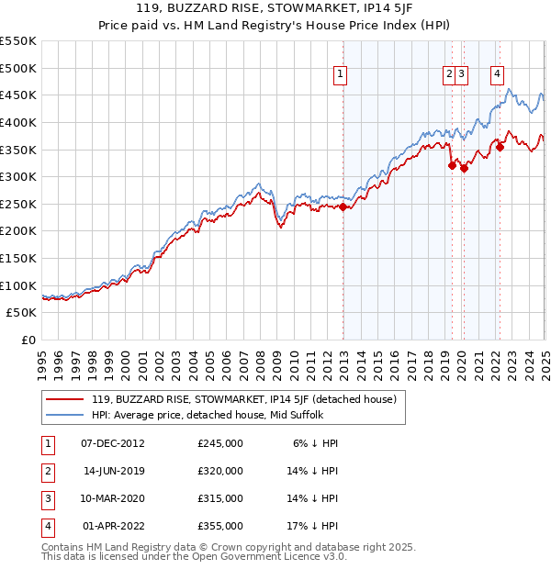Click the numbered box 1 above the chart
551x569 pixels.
340,75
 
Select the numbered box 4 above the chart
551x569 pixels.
497,75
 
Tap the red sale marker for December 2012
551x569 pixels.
343,207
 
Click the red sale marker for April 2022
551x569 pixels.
500,147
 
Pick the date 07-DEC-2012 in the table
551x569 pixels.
114,443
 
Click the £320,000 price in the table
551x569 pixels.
220,471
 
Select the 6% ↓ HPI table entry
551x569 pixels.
316,443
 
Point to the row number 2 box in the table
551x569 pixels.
45,471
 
